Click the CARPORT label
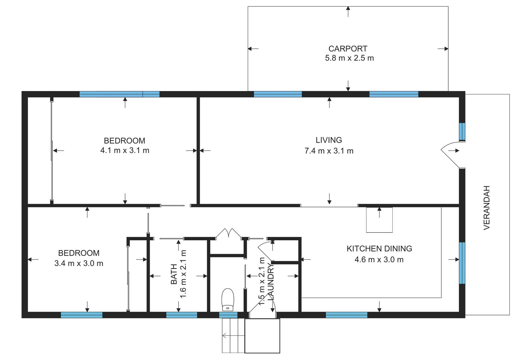pos(348,49)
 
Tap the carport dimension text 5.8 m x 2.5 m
pos(349,58)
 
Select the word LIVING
pos(329,140)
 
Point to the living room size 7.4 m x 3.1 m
pos(329,151)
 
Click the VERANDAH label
pos(486,208)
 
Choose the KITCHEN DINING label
pos(379,249)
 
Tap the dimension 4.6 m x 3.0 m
pos(379,260)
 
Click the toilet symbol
pos(227,299)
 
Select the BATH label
pos(174,274)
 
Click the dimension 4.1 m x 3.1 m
pos(125,150)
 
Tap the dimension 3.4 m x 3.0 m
pos(79,263)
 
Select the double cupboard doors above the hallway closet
pos(228,233)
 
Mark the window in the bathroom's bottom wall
pos(182,315)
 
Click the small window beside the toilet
pos(228,315)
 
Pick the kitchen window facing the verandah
pos(462,263)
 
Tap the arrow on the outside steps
pos(233,335)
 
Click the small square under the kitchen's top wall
pos(379,220)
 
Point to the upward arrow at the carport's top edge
pos(348,12)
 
